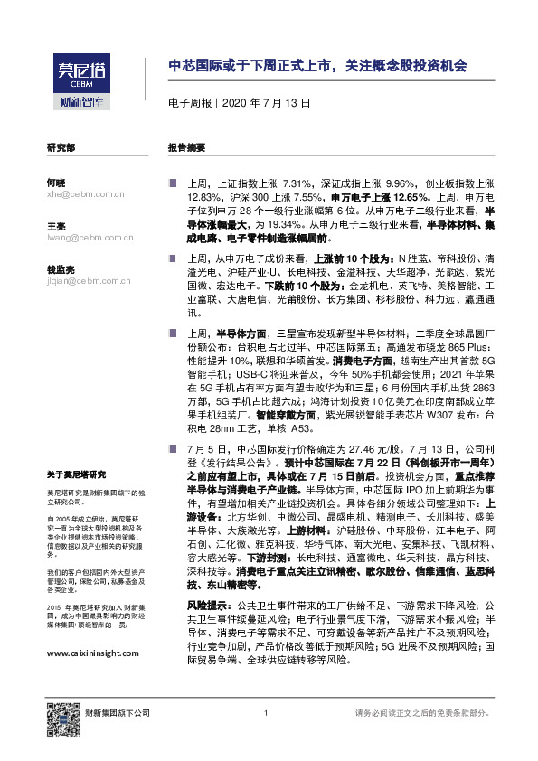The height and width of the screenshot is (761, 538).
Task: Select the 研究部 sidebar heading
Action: pyautogui.click(x=61, y=146)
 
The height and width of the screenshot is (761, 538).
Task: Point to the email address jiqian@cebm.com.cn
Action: pyautogui.click(x=89, y=281)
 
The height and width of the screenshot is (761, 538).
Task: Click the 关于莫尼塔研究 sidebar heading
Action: pyautogui.click(x=77, y=474)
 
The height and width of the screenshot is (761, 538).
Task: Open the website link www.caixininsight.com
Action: pyautogui.click(x=92, y=627)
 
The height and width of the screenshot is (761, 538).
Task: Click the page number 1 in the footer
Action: pyautogui.click(x=267, y=714)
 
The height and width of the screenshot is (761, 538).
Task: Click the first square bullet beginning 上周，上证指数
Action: pyautogui.click(x=171, y=183)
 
